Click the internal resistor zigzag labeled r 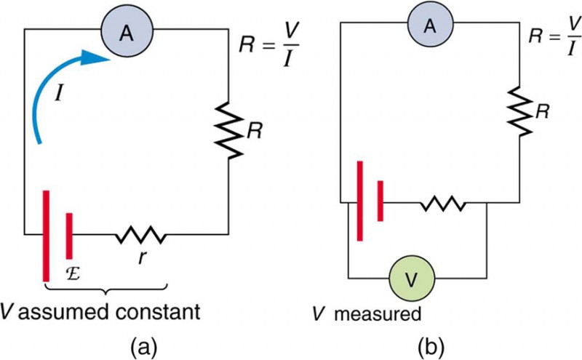pos(140,235)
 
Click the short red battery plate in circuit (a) pos(69,235)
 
